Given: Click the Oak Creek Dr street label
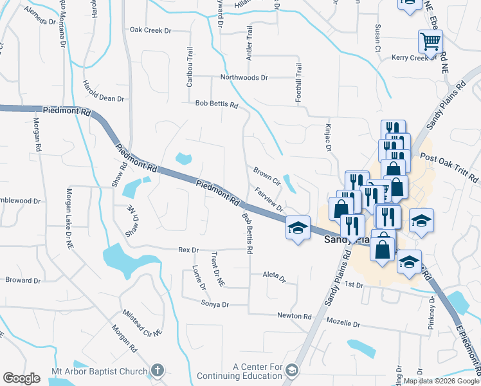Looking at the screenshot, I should tap(151, 30).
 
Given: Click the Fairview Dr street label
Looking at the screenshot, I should tap(269, 200).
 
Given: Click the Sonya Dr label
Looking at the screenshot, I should tap(215, 304).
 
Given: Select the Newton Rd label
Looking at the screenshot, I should tap(294, 316).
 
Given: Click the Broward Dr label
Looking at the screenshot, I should tap(23, 280).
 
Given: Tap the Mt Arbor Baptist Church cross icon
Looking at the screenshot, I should tap(158, 371).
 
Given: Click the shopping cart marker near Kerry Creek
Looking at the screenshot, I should tap(430, 41).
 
